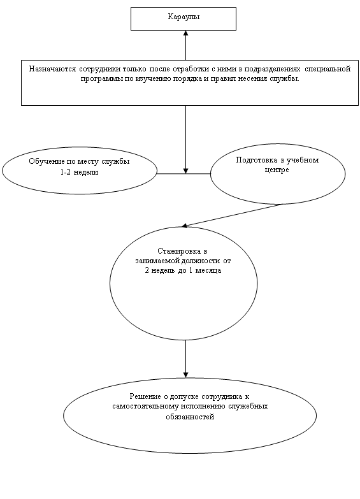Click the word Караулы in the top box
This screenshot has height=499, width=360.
[184, 17]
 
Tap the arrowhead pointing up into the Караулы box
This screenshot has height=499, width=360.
[186, 33]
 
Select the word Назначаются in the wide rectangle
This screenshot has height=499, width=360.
[52, 69]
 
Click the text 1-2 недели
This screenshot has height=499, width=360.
[79, 172]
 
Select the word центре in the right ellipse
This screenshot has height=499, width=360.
[277, 170]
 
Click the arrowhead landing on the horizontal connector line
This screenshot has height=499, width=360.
[186, 171]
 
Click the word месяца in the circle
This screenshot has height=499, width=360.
[208, 270]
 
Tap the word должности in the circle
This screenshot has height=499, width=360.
[200, 261]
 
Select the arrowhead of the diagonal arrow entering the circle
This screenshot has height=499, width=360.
[184, 226]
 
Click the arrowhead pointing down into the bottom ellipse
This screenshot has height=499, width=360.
[186, 375]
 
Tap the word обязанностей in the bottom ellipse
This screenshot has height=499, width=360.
[190, 417]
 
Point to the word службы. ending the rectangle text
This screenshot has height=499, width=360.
[287, 79]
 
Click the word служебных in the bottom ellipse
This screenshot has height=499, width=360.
[248, 407]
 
